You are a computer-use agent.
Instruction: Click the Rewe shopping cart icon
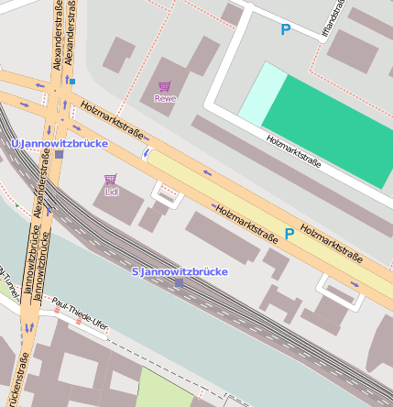(x=165, y=86)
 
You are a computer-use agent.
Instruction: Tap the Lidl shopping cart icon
(x=111, y=180)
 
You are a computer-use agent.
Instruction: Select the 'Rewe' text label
(x=165, y=98)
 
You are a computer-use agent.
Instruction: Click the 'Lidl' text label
(x=112, y=192)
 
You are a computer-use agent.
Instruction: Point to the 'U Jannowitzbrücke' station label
(x=60, y=144)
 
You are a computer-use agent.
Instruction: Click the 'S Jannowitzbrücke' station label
(x=180, y=271)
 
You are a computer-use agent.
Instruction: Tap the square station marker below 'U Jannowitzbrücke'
(x=59, y=155)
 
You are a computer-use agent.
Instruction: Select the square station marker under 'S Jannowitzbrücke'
(x=179, y=283)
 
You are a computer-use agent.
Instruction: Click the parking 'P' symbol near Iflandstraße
(x=285, y=29)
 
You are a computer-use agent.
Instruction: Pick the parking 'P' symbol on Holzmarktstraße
(x=289, y=234)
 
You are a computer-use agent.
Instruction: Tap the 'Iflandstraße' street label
(x=335, y=19)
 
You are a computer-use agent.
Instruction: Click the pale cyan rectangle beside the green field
(x=260, y=93)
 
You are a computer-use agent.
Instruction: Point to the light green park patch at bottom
(x=165, y=390)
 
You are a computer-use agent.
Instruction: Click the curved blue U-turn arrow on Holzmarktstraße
(x=146, y=154)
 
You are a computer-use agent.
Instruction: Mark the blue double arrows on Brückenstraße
(x=29, y=324)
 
